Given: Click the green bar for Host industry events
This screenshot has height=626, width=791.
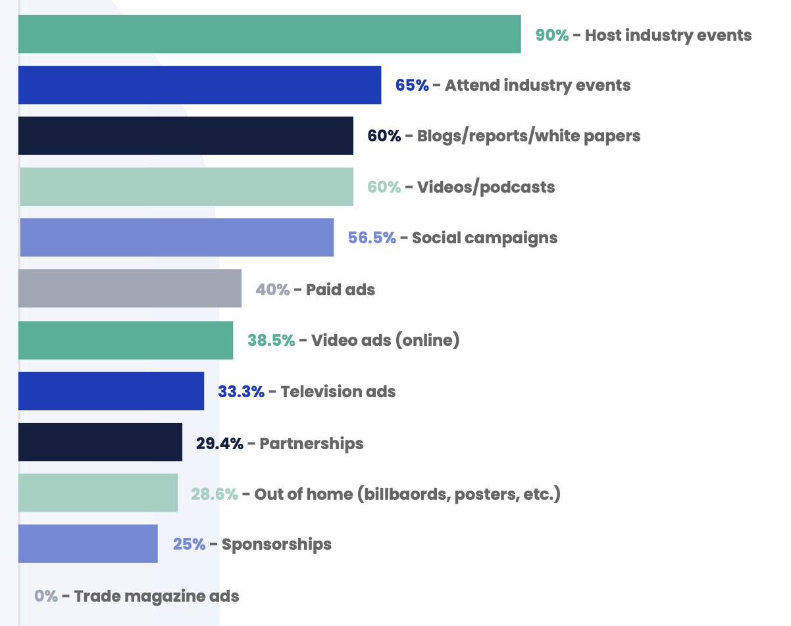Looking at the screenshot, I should click(269, 34).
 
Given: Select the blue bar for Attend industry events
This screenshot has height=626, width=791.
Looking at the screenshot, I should click(199, 85).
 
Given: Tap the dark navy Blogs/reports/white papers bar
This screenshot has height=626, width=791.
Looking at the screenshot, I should click(186, 135).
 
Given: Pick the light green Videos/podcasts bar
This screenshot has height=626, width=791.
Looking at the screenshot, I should click(186, 187).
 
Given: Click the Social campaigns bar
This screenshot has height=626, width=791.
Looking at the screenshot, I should click(176, 237).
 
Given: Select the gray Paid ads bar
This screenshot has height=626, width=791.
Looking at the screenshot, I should click(130, 288).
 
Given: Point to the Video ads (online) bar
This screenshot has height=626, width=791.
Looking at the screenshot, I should click(126, 340).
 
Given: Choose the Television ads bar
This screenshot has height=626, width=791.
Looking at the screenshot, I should click(111, 391).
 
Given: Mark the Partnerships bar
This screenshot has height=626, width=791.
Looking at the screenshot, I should click(100, 442).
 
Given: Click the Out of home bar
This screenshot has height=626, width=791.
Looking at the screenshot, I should click(98, 493).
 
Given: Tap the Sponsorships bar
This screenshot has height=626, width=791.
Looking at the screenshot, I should click(88, 544).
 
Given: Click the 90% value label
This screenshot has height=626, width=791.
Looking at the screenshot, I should click(551, 35).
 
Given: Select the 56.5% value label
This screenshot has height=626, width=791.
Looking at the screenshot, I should click(372, 237).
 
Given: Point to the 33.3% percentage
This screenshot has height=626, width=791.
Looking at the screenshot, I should click(241, 392).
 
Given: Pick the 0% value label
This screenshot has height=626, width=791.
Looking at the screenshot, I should click(46, 596).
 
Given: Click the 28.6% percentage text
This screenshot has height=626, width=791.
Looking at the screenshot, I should click(215, 494).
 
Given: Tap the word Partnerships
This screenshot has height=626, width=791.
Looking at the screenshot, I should click(311, 443).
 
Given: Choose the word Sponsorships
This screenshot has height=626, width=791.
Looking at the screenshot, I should click(276, 544).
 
